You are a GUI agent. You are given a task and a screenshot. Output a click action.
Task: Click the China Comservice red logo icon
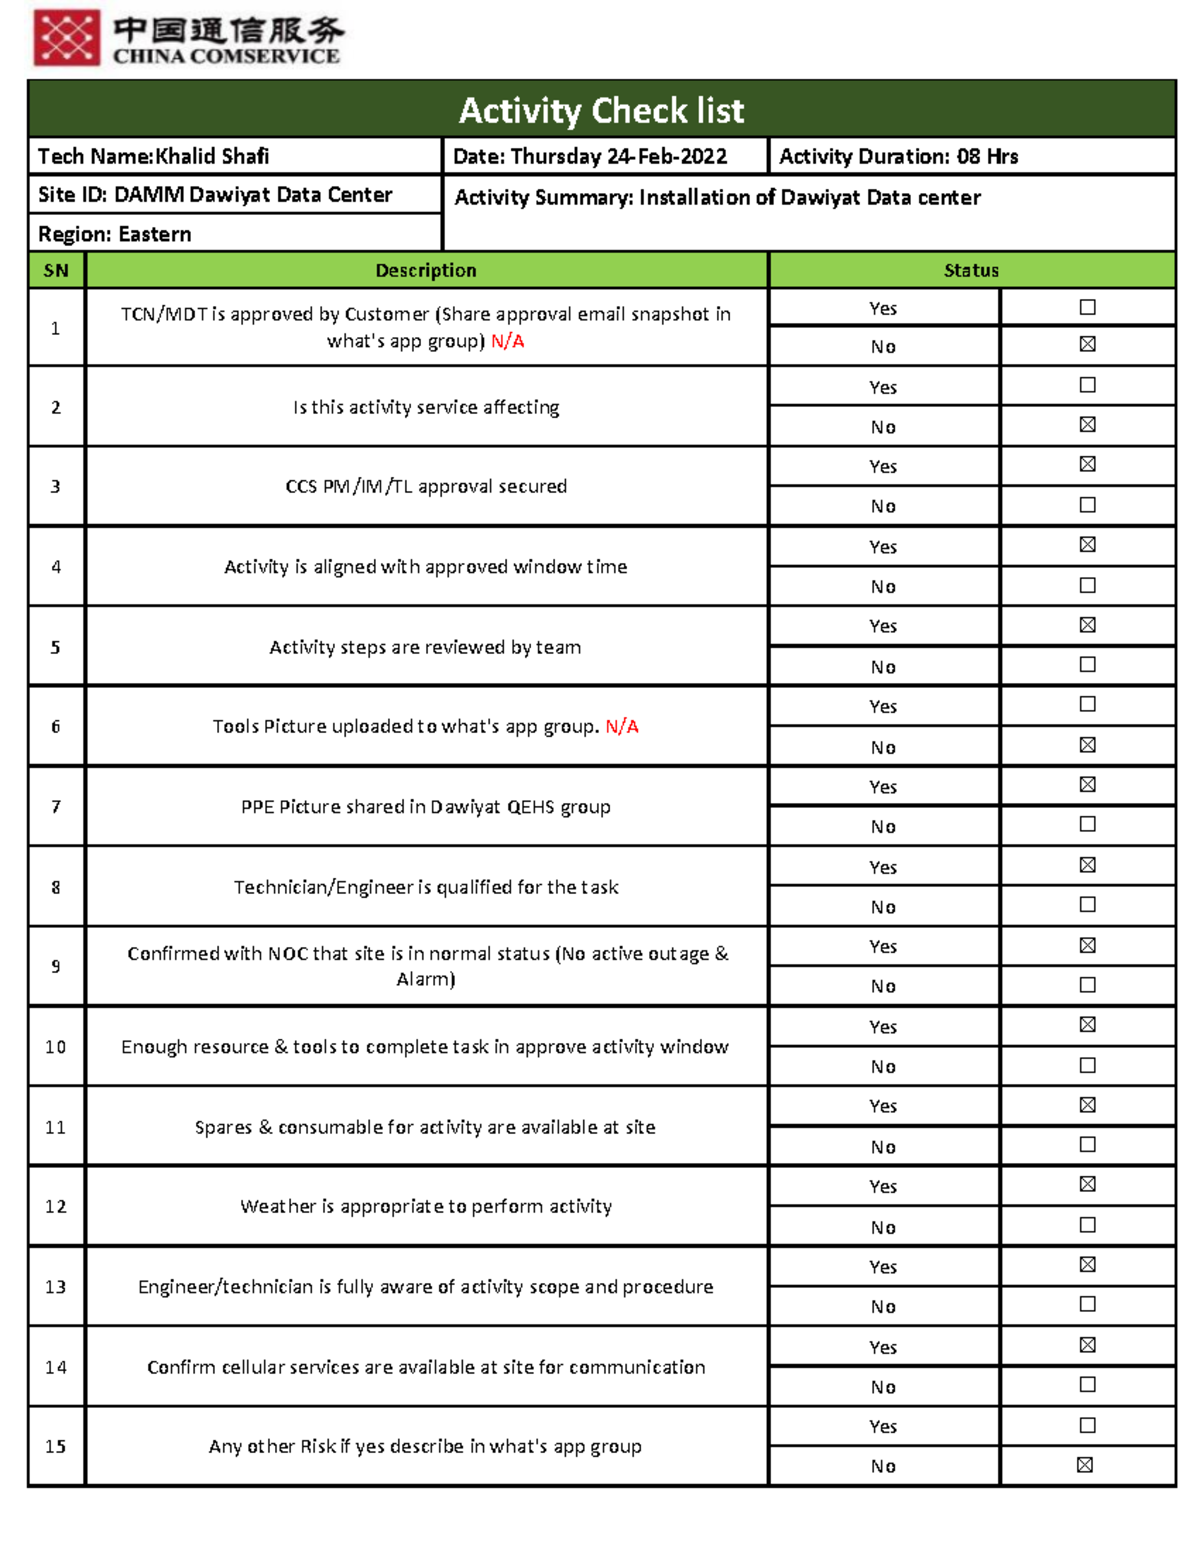[x=67, y=38]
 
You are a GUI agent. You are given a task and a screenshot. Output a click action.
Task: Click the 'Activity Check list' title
[x=601, y=110]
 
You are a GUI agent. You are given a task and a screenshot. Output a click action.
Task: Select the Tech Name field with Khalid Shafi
[x=154, y=156]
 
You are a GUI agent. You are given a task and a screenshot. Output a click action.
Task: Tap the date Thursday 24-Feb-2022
[x=590, y=156]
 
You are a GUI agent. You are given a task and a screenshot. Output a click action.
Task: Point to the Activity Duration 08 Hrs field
[x=898, y=156]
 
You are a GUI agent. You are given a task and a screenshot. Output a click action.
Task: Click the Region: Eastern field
[x=115, y=234]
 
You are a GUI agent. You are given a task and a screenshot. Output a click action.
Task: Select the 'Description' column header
[x=426, y=270]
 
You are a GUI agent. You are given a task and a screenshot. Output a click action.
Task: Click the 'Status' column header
[x=971, y=270]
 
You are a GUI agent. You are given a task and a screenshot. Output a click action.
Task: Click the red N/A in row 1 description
[x=508, y=341]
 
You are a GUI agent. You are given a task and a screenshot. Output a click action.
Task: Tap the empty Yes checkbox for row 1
[x=1088, y=307]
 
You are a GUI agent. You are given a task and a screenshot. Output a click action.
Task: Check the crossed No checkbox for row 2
[x=1088, y=425]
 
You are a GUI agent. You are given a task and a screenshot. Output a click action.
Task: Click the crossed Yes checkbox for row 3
[x=1088, y=464]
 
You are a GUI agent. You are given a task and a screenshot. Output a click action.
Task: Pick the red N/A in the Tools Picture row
[x=622, y=726]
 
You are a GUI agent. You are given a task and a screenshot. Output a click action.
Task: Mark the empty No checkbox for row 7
[x=1088, y=824]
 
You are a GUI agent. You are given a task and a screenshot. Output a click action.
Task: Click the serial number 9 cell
[x=56, y=966]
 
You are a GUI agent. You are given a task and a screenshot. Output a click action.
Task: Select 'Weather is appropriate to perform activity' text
[x=426, y=1206]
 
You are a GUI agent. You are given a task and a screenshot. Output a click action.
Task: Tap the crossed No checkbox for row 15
[x=1085, y=1465]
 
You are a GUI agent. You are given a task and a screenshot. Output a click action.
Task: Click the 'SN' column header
[x=56, y=270]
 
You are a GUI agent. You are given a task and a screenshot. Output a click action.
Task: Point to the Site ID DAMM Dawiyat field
[x=215, y=195]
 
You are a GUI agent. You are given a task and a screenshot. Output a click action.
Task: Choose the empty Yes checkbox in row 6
[x=1088, y=704]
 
